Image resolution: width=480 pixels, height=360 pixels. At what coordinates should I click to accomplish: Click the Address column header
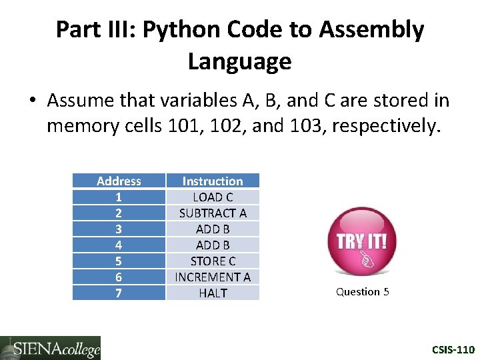[x=119, y=181]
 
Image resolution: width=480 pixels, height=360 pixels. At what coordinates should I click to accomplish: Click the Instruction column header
[x=213, y=181]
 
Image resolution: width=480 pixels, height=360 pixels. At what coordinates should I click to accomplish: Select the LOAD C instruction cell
[x=213, y=197]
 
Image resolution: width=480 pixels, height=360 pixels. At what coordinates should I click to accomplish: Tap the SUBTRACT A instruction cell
[x=213, y=213]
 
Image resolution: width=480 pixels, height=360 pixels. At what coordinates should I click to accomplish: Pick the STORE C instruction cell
[x=213, y=261]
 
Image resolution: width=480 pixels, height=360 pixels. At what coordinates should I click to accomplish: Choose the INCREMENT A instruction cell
[x=213, y=277]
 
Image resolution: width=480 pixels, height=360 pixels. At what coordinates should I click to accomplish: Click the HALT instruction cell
[x=213, y=293]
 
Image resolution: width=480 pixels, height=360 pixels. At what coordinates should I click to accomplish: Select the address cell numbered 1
[x=119, y=197]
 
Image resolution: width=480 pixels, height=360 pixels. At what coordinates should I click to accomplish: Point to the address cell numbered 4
[x=119, y=245]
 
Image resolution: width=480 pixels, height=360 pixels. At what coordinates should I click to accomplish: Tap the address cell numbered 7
[x=119, y=293]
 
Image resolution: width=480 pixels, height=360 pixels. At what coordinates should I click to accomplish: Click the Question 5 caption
[x=362, y=291]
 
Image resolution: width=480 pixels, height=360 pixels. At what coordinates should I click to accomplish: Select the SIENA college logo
[x=51, y=347]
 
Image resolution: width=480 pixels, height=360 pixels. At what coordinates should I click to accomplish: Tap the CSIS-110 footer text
[x=453, y=349]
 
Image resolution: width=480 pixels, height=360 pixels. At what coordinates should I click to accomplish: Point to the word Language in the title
[x=239, y=61]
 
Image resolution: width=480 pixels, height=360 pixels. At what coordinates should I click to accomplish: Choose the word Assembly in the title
[x=371, y=30]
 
